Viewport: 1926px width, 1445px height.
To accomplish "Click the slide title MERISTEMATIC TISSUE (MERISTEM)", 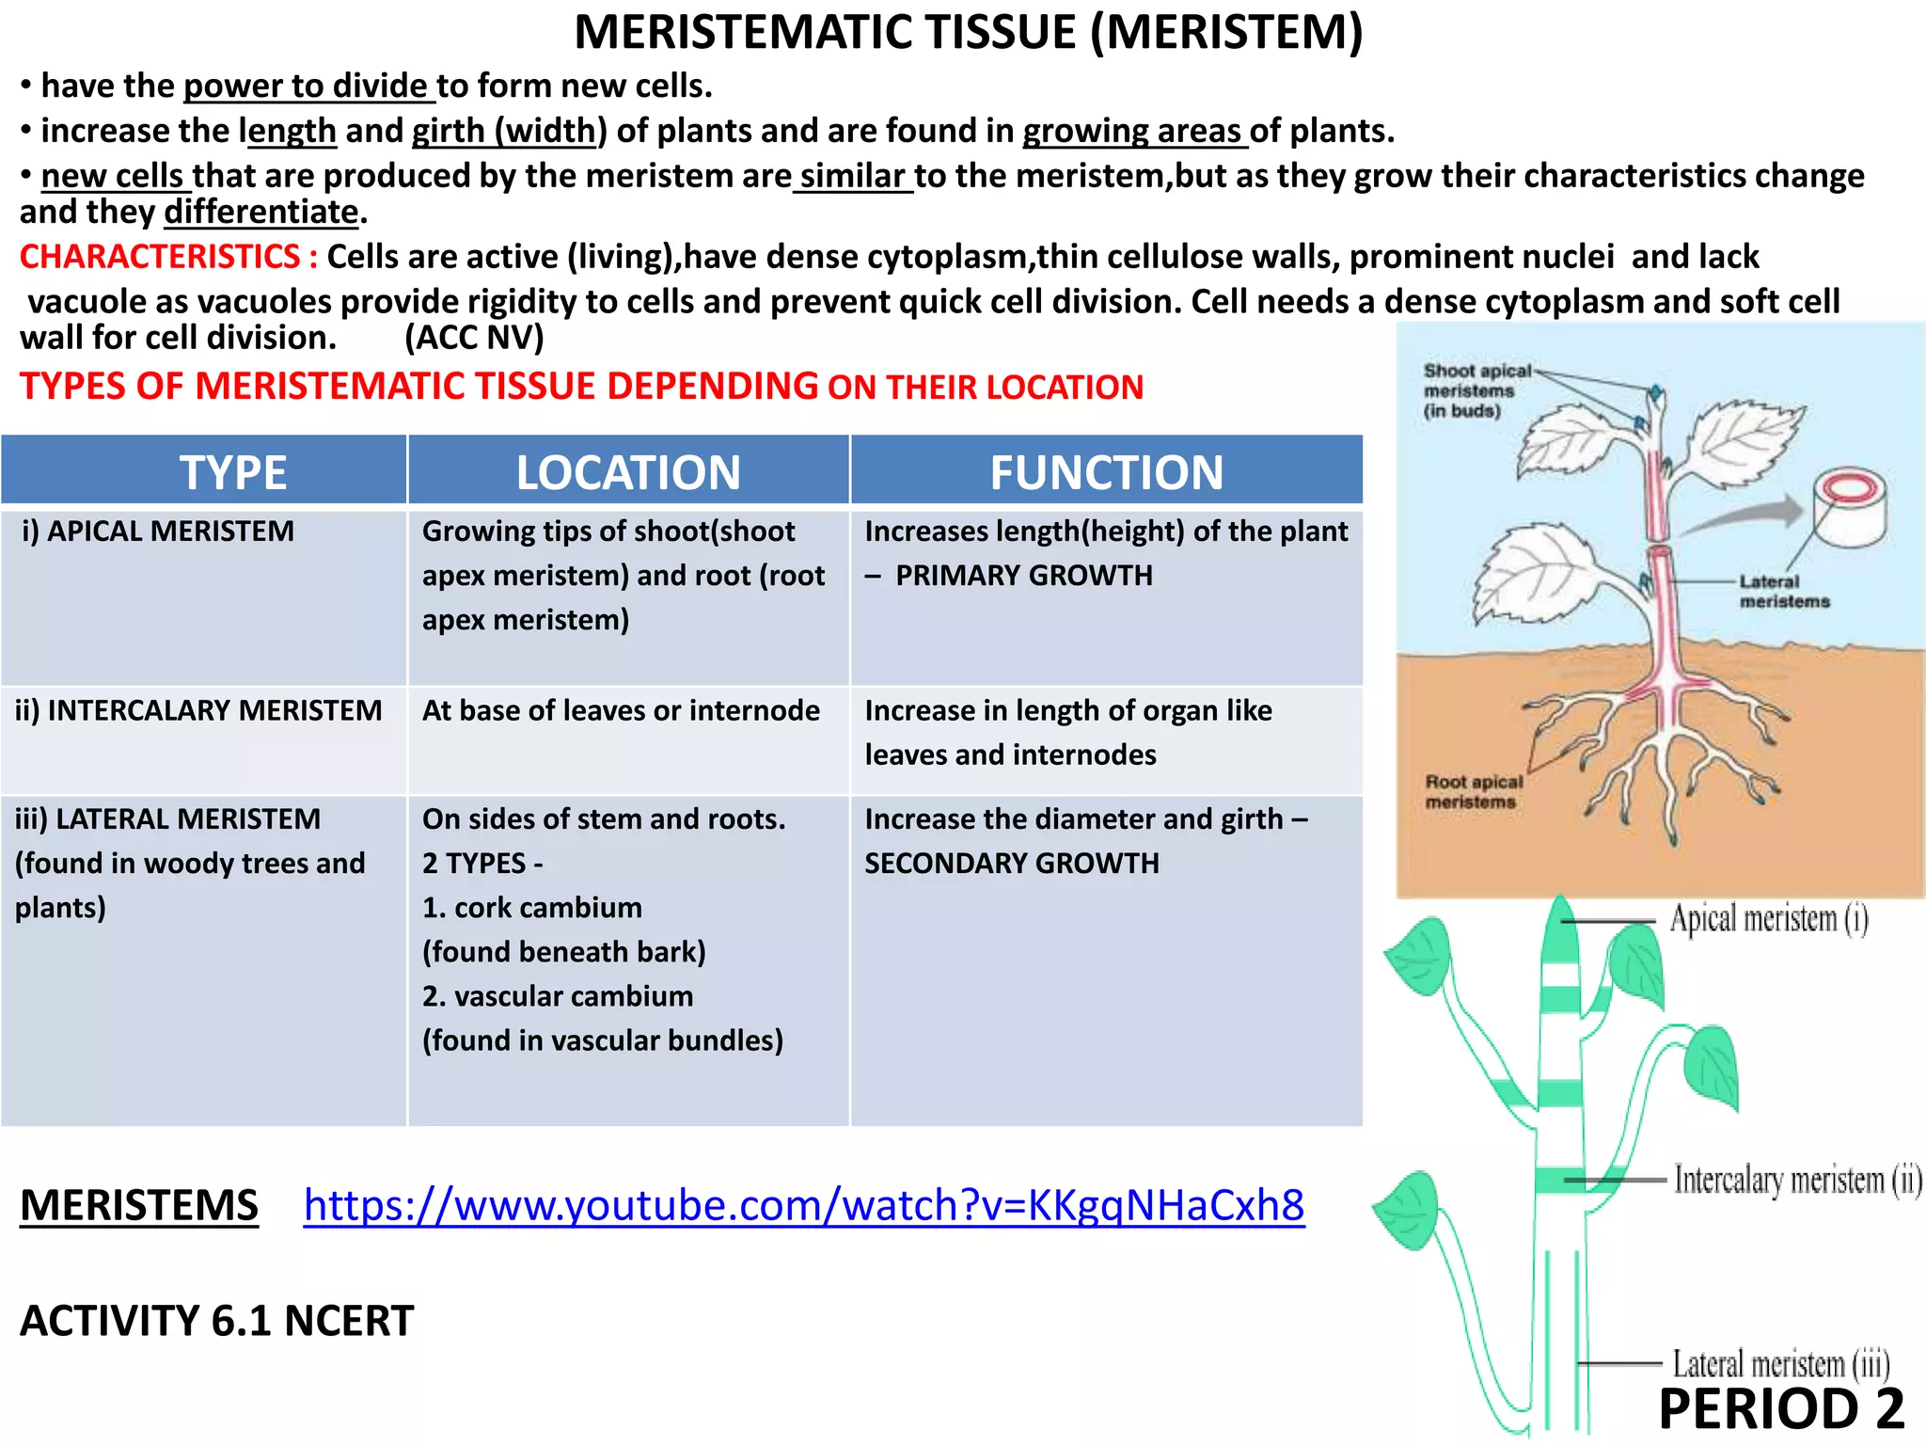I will [968, 33].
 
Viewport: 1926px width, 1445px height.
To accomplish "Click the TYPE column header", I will [232, 471].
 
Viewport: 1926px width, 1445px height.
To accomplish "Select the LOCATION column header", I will [628, 471].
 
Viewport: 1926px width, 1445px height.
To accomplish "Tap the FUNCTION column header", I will [1106, 471].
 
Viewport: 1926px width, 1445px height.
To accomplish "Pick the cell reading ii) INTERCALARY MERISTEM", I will [198, 710].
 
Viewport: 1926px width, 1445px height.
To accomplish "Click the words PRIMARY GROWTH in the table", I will [1023, 576].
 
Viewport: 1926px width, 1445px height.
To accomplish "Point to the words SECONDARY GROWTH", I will [1012, 864].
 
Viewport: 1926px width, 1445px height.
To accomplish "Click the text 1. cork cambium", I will [532, 908].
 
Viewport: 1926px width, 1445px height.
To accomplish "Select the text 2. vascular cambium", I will [558, 996].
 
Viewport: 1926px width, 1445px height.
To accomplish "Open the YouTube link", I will [803, 1205].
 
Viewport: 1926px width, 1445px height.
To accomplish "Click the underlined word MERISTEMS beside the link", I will [139, 1206].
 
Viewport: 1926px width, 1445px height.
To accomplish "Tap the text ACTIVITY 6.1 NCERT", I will [216, 1321].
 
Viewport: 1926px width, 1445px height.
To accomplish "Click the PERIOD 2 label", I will [1781, 1409].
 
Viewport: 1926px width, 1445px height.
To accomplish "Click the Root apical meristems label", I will [1473, 791].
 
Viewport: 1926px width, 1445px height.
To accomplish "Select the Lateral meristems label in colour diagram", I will [1783, 592].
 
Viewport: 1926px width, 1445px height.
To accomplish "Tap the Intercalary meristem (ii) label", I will [1797, 1180].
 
